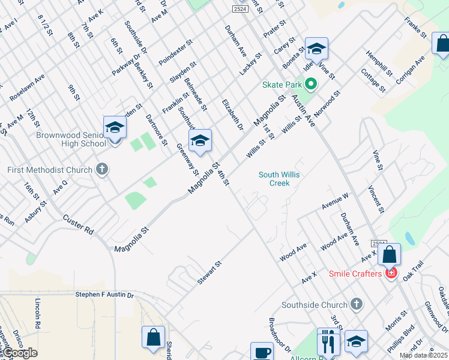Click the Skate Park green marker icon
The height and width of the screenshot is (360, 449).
[x=310, y=85]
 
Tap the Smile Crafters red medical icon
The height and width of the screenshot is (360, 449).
[x=391, y=274]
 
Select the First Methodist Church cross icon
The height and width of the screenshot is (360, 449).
[x=102, y=170]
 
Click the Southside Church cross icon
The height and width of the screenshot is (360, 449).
[x=357, y=304]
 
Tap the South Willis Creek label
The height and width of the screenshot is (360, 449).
[x=279, y=179]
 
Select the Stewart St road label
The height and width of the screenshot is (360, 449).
[x=210, y=273]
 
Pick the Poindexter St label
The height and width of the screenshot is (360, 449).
[x=175, y=53]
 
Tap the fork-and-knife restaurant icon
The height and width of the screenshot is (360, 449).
[x=328, y=343]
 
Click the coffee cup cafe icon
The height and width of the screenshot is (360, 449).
[x=262, y=352]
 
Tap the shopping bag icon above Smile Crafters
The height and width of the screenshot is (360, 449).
[x=389, y=254]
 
